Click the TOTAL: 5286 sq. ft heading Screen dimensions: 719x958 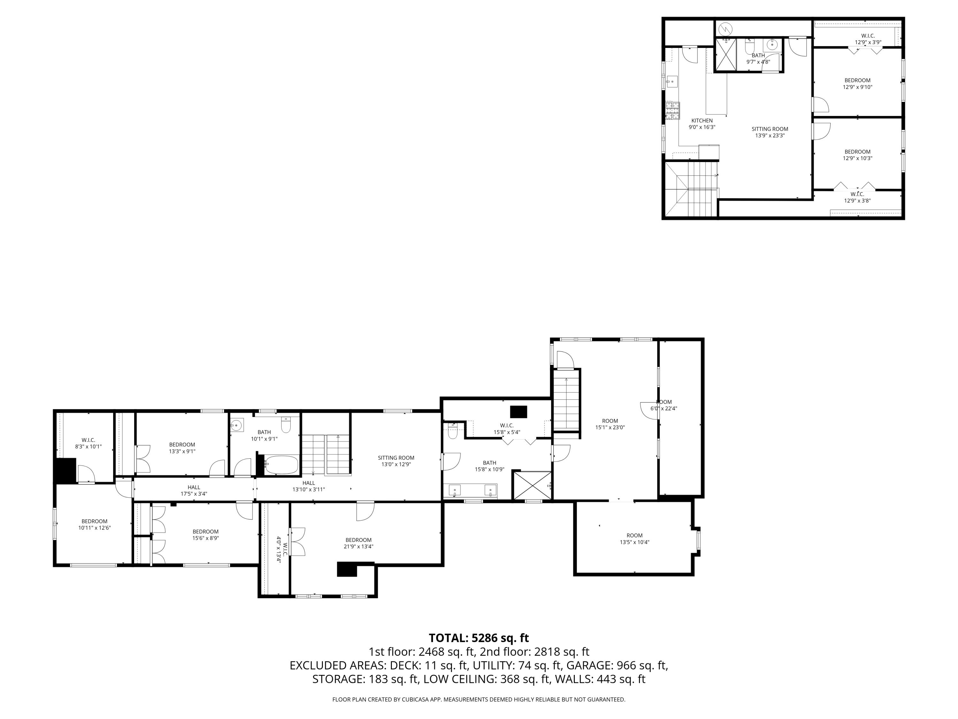[x=479, y=638]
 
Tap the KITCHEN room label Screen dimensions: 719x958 [x=702, y=120]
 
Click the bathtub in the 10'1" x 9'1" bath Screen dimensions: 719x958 [x=281, y=465]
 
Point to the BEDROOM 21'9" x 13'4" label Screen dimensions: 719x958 [x=358, y=543]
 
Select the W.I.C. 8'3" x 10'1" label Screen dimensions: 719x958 [x=88, y=443]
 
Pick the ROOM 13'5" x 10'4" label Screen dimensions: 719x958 [x=635, y=539]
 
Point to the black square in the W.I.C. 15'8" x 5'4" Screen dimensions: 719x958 [x=518, y=411]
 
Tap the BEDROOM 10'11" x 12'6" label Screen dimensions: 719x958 [x=95, y=524]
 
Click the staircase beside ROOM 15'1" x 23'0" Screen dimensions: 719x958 [x=566, y=403]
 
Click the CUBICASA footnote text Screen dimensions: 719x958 [x=479, y=700]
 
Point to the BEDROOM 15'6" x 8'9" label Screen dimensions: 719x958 [x=205, y=535]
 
